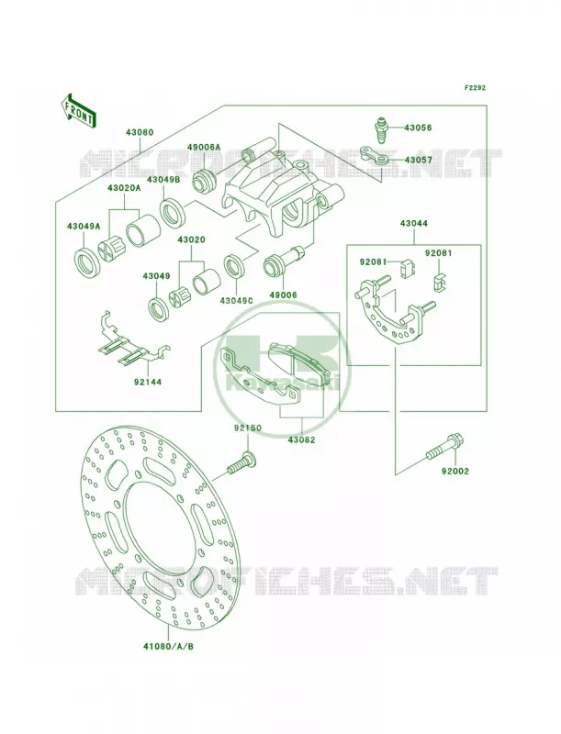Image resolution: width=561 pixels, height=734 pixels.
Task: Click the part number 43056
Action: point(418,128)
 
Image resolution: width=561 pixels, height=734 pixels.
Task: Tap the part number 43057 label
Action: point(418,160)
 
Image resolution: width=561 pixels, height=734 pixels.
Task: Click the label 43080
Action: point(139,132)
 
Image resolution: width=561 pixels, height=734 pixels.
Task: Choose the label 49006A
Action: point(204,148)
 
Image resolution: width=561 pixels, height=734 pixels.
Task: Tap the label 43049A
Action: point(84,227)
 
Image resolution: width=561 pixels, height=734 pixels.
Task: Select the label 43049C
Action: point(236,300)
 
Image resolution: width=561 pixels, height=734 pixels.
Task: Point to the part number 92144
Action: point(147,382)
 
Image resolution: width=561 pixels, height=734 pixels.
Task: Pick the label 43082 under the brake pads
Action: point(301,440)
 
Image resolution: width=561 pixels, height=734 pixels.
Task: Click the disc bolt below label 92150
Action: point(241,462)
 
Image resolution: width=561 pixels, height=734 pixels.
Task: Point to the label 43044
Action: point(413,224)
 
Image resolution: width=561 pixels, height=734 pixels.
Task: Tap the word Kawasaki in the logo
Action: point(281,382)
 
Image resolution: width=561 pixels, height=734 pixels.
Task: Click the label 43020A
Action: point(124,188)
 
